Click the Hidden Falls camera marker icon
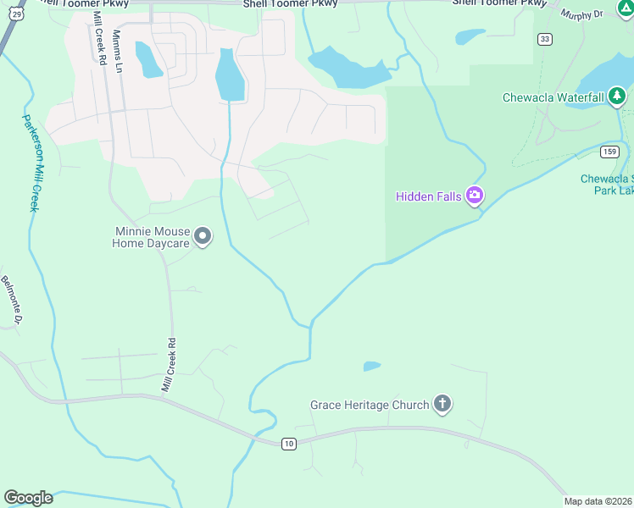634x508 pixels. tap(475, 196)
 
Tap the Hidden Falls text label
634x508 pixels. tap(429, 197)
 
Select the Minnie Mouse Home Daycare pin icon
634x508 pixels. tap(203, 236)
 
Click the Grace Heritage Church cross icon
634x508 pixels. tap(442, 404)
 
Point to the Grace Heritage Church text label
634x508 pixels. tap(370, 405)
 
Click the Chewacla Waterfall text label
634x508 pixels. tap(553, 97)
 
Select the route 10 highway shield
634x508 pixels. tap(289, 444)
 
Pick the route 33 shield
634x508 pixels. tap(544, 39)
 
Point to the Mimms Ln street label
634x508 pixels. tap(118, 49)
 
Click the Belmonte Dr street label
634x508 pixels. tap(10, 301)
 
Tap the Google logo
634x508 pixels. tap(28, 498)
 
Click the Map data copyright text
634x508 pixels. tap(598, 501)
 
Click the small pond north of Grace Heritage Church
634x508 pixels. tap(371, 367)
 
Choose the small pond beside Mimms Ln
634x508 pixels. tap(147, 59)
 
